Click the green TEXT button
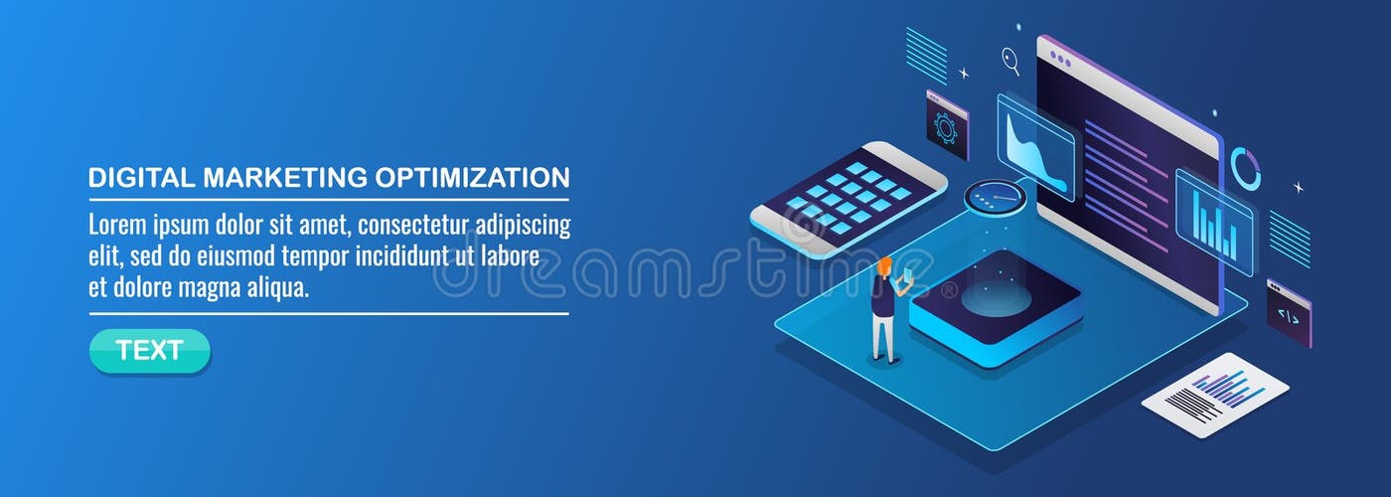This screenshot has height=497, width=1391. point(150,351)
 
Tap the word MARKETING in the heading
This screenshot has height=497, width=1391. point(285,178)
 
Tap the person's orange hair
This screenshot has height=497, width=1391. point(884,265)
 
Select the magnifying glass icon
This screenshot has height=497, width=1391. point(1010,61)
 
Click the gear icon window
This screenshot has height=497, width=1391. point(946,125)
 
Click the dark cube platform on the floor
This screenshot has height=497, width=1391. point(995,299)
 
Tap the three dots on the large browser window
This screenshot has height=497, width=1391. point(1059,56)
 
